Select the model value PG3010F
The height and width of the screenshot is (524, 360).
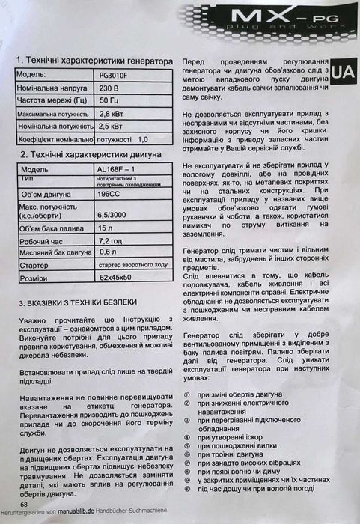coord(114,76)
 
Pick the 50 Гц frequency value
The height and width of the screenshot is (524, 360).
coord(109,100)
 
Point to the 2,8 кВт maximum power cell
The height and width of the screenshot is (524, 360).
coord(111,113)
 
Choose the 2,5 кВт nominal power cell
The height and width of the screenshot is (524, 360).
coord(111,127)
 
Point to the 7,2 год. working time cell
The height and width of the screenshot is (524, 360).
coord(112,240)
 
